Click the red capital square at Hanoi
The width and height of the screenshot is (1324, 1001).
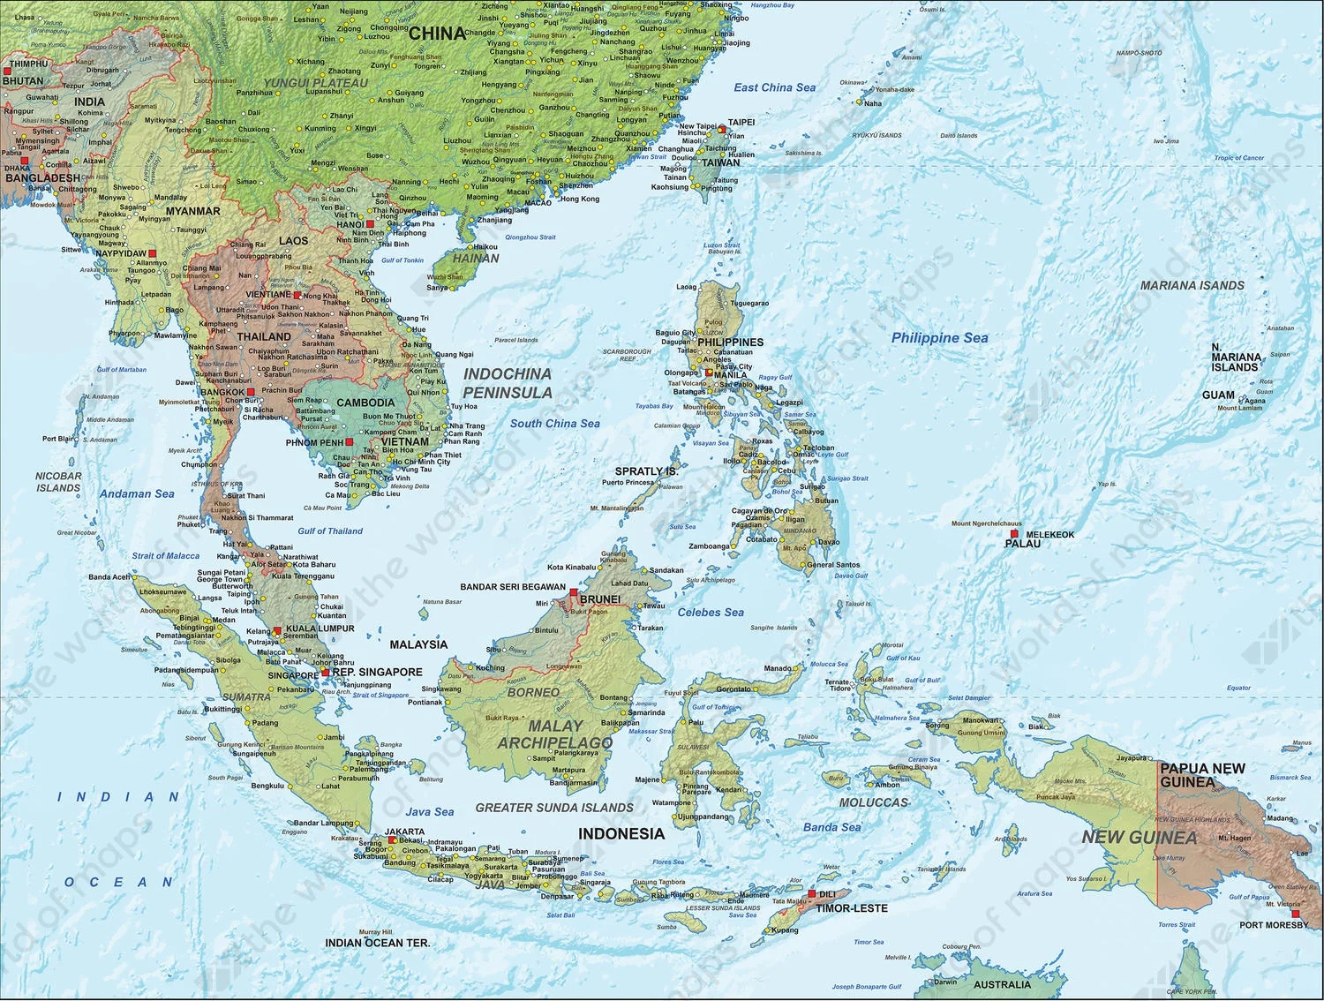click(370, 224)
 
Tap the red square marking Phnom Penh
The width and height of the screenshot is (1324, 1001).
click(350, 442)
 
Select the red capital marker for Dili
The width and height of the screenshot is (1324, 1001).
click(811, 894)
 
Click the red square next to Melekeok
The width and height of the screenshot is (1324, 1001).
click(1014, 534)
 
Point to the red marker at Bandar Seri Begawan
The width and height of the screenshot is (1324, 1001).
click(574, 592)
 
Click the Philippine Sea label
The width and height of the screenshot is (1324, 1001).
click(939, 338)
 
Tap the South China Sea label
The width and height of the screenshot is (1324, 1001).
click(554, 424)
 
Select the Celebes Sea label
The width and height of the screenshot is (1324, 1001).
click(711, 612)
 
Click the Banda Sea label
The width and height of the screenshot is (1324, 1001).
click(831, 827)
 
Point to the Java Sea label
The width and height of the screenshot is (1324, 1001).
click(430, 811)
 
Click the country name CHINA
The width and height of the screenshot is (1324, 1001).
click(437, 34)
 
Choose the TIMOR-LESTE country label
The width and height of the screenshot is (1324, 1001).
click(852, 907)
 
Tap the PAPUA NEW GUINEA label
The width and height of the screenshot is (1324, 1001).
click(1201, 775)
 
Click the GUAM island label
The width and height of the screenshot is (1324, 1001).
click(1218, 395)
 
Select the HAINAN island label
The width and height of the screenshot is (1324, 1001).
click(476, 259)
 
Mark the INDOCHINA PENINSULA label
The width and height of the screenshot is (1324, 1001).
click(508, 383)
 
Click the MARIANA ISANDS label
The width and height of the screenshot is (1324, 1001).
click(1192, 285)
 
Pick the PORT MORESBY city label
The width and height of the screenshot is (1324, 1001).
click(1274, 925)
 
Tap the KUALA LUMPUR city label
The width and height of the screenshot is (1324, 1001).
click(320, 628)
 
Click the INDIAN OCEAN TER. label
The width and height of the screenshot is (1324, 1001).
click(377, 943)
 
